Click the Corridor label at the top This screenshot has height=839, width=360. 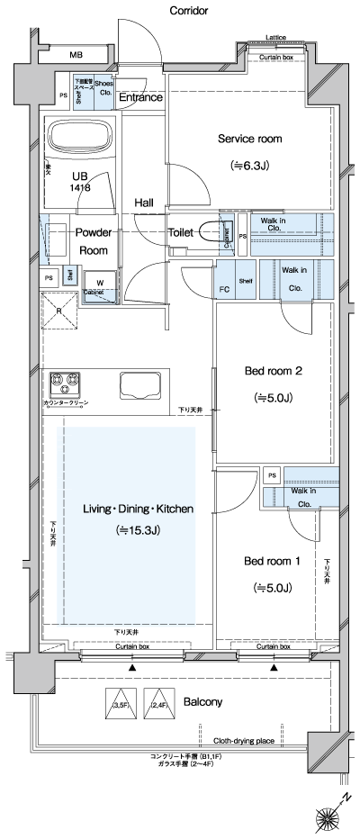tap(188, 11)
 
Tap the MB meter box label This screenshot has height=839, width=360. tap(76, 56)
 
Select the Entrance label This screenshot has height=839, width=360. tap(140, 97)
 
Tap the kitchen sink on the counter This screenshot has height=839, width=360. tap(137, 386)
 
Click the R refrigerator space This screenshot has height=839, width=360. tap(59, 311)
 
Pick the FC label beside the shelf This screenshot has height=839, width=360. tap(225, 290)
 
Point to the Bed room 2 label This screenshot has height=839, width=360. tap(273, 371)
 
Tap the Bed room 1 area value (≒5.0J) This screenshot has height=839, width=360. tap(272, 588)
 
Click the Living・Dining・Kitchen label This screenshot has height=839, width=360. tap(138, 509)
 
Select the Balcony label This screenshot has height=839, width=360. tap(203, 701)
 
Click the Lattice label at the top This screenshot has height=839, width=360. tap(276, 37)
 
